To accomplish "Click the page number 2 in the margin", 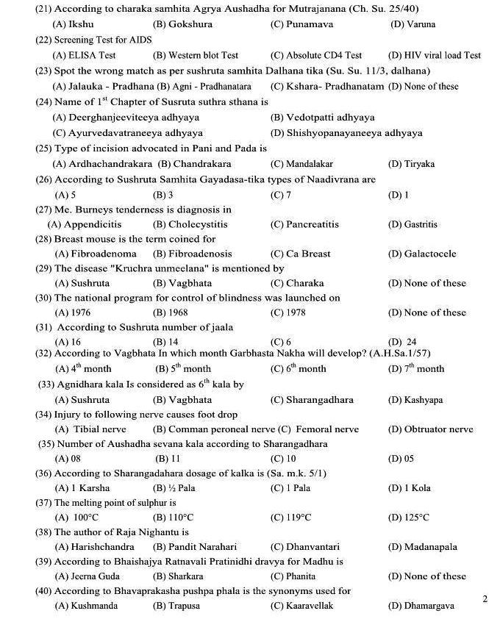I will [485, 599].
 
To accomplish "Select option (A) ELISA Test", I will [85, 55].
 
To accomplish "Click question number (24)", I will [43, 102].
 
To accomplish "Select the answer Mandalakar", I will [301, 164].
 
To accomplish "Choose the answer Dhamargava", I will [421, 606].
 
